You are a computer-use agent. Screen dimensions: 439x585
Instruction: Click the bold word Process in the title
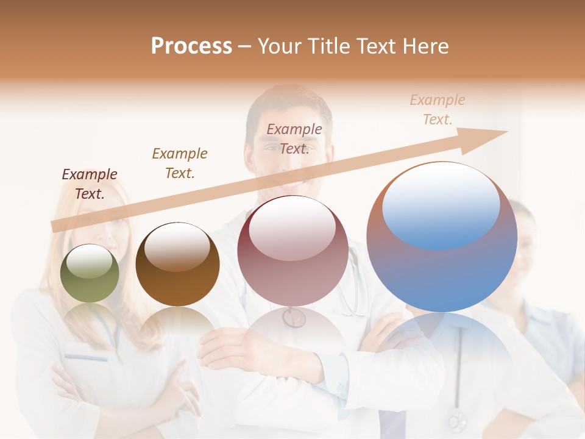[191, 46]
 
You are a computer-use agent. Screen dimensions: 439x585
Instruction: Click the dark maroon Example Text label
[90, 184]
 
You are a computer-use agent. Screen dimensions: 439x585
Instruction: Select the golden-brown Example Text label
[180, 163]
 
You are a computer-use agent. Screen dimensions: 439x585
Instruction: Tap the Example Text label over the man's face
[294, 138]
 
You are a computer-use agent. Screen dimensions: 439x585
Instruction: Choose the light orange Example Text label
[438, 109]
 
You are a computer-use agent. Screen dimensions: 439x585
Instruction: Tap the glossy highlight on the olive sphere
[90, 260]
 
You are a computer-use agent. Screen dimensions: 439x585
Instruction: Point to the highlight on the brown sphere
[177, 247]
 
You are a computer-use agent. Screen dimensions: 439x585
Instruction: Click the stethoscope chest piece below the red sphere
[294, 317]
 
